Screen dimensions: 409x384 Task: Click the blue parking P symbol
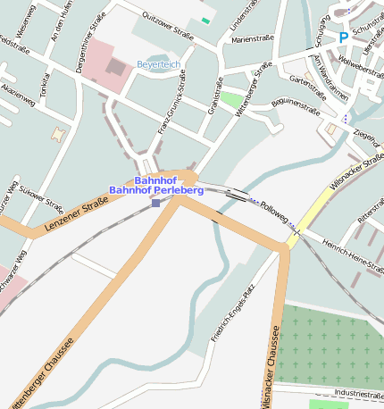(x=343, y=38)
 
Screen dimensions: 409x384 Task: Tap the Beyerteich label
(x=158, y=64)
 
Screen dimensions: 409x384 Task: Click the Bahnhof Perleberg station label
(x=156, y=190)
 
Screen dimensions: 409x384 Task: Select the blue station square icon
(x=156, y=203)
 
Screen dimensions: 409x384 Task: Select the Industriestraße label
(x=358, y=393)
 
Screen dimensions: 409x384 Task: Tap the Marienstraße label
(x=252, y=40)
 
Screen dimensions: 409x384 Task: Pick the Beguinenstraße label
(x=294, y=106)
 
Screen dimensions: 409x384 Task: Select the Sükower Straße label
(x=41, y=196)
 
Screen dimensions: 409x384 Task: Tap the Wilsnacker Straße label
(x=354, y=169)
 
